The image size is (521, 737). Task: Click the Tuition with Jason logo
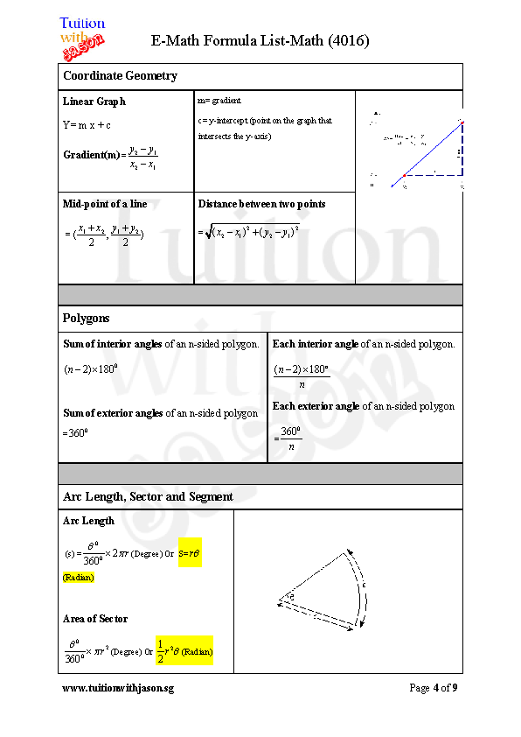tap(82, 39)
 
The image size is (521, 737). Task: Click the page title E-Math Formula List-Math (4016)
tap(260, 40)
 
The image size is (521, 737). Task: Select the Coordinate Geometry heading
tap(120, 76)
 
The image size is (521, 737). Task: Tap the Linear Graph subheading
tap(94, 102)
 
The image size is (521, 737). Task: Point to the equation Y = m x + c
tap(87, 125)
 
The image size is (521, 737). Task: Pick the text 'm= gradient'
tap(219, 101)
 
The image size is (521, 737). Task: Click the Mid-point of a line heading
tap(105, 204)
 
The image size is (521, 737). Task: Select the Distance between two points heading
tap(261, 204)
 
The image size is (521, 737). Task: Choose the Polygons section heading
tap(87, 319)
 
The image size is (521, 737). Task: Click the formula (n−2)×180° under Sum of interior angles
tap(91, 369)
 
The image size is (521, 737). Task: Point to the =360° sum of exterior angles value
tap(78, 432)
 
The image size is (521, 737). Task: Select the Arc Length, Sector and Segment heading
tap(148, 497)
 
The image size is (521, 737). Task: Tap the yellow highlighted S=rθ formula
tap(190, 553)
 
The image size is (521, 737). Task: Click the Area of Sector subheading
tap(95, 619)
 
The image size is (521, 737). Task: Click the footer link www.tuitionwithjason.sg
tap(118, 688)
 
